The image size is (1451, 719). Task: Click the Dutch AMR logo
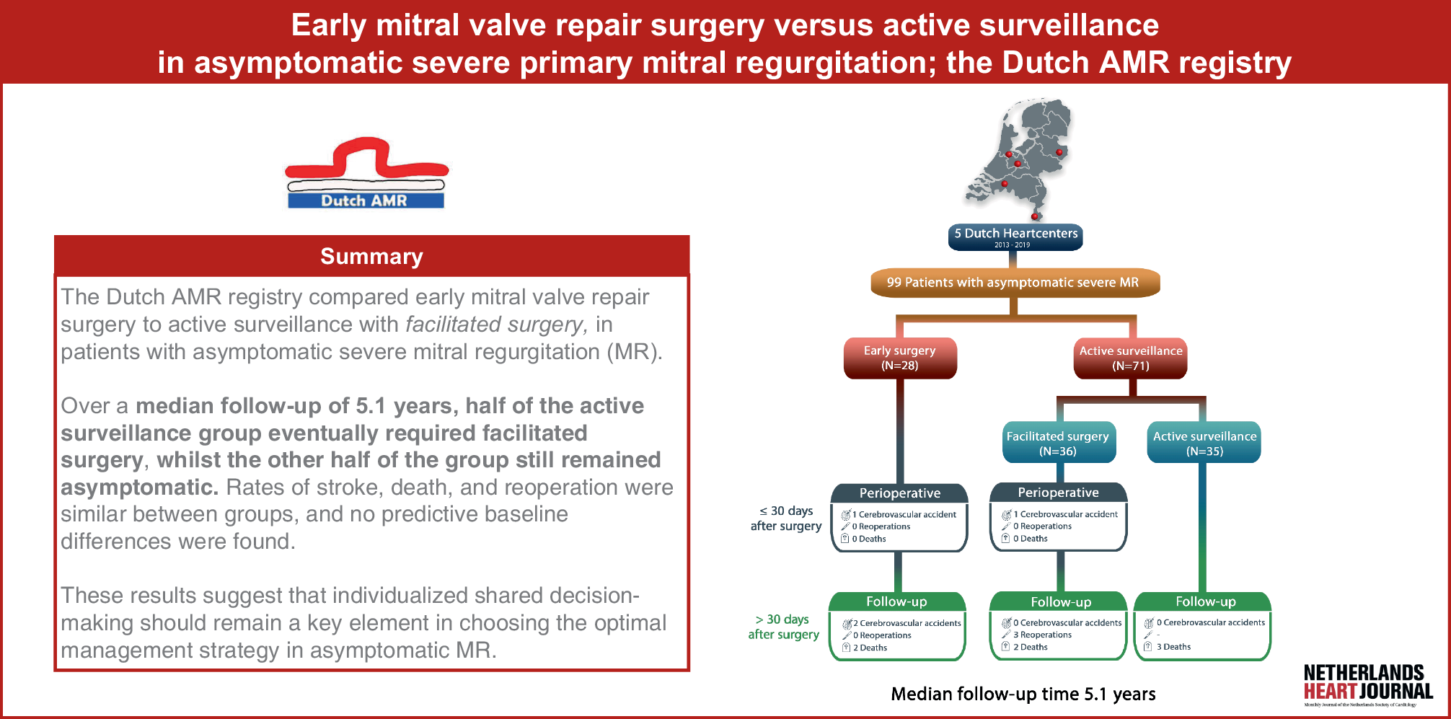[366, 174]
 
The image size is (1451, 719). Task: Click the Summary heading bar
[371, 256]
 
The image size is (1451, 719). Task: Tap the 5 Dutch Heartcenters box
[1015, 237]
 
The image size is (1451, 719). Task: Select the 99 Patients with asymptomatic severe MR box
[1013, 283]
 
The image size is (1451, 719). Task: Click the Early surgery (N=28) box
[900, 358]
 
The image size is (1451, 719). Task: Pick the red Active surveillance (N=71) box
[1130, 358]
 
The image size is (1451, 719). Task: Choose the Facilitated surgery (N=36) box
[1058, 443]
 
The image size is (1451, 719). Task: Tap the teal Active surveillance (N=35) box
[1204, 443]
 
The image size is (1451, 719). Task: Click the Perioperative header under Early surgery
[899, 493]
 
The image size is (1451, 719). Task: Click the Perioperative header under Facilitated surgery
[1058, 493]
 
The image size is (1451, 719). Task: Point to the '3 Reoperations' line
[1042, 635]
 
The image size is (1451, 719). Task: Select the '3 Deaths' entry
[1173, 647]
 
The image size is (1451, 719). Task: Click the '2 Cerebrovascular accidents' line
[907, 623]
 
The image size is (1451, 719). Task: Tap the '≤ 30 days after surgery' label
[786, 519]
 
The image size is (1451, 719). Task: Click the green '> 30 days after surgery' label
[783, 627]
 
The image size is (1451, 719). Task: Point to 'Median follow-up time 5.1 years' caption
[1023, 694]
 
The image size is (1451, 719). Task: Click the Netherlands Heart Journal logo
[1367, 683]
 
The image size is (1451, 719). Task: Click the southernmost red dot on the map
[1035, 216]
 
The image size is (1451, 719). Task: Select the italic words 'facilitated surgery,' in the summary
[497, 325]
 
